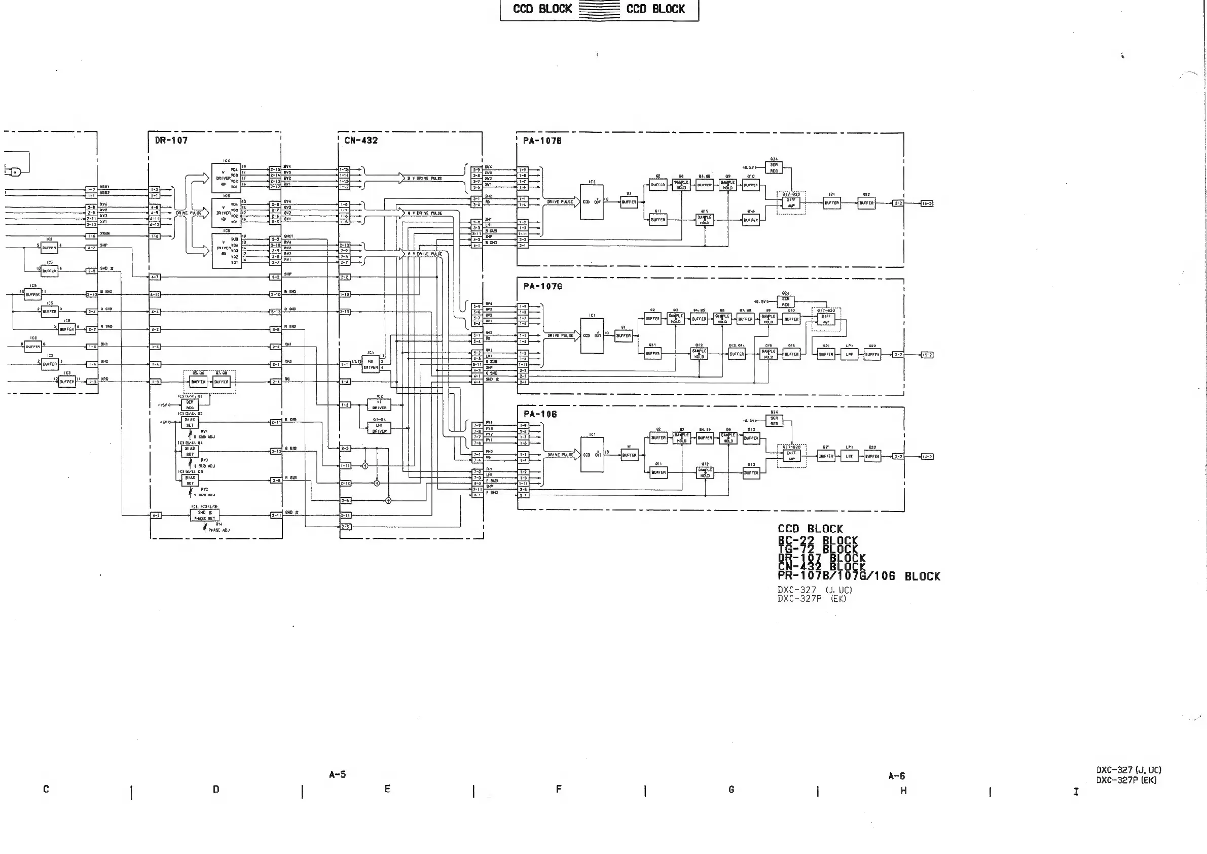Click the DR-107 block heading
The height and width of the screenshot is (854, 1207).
[171, 141]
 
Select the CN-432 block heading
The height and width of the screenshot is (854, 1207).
[360, 141]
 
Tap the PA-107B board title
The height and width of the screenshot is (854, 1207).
[542, 141]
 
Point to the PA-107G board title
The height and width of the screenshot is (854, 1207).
[542, 287]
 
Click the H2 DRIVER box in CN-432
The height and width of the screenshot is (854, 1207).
[371, 364]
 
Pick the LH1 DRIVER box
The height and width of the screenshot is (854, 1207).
[379, 428]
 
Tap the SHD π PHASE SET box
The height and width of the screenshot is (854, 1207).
[204, 515]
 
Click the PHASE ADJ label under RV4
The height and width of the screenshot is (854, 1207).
[218, 530]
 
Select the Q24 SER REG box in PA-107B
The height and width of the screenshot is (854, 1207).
[774, 168]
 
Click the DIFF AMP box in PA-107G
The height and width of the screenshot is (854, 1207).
[826, 319]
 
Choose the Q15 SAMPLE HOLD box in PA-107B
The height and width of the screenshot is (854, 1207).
[705, 220]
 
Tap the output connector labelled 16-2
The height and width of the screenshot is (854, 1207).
[927, 203]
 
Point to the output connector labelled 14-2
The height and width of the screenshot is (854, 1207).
[927, 457]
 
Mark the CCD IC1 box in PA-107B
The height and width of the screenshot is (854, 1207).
[592, 201]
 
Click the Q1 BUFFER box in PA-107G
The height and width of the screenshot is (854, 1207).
[624, 335]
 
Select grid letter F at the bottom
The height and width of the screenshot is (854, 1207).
[558, 789]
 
